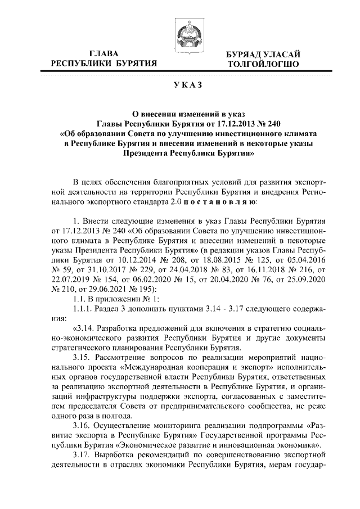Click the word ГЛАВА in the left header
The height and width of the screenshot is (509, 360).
[104, 53]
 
